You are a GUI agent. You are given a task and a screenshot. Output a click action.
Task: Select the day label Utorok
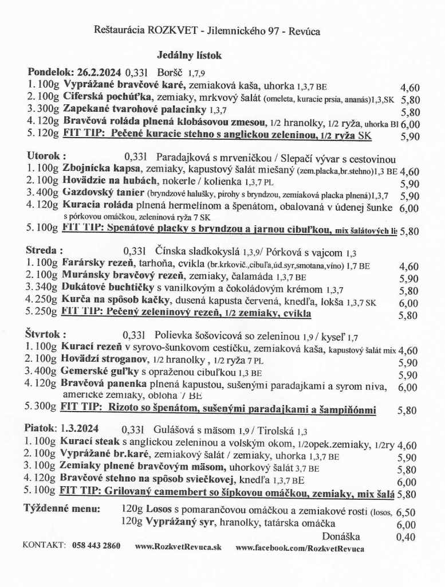click(x=46, y=156)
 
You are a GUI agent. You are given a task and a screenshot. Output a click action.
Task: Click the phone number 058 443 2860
click(x=97, y=546)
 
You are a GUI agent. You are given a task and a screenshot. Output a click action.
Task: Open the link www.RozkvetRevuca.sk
click(x=178, y=547)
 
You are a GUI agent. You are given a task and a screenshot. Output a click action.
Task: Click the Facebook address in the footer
click(x=300, y=547)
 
